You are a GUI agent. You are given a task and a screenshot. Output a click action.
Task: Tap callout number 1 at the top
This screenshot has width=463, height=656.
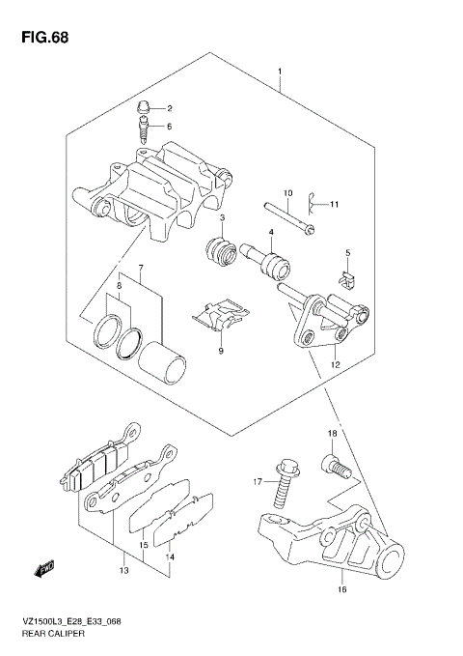coord(280,72)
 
